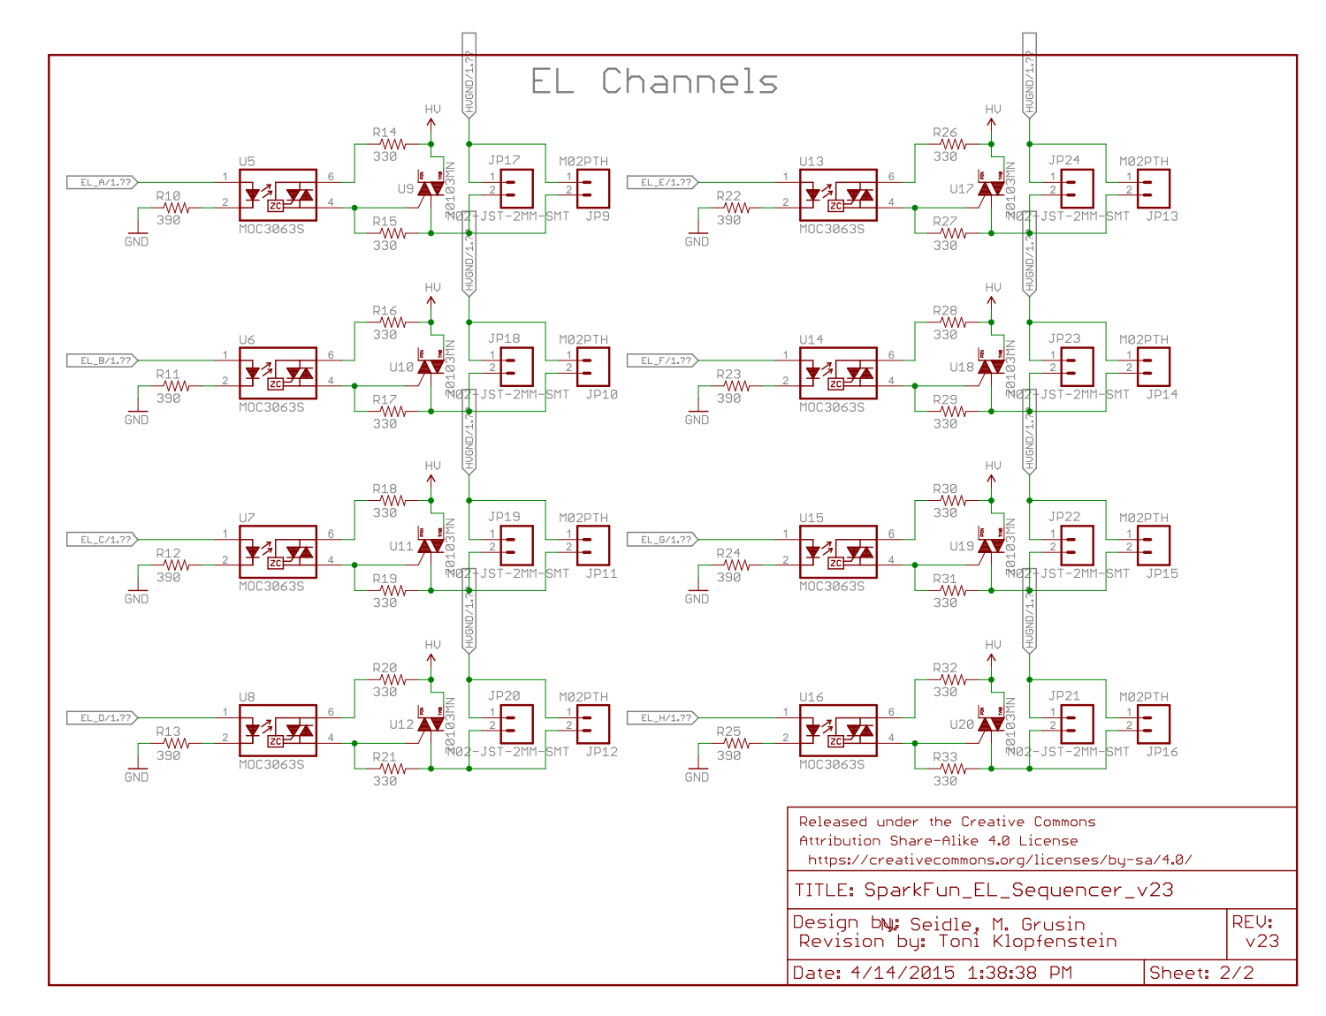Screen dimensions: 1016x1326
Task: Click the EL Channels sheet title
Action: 654,81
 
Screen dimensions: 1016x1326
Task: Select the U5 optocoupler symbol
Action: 278,194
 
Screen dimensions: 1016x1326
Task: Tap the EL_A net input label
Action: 103,182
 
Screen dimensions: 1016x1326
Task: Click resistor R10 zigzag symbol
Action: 176,208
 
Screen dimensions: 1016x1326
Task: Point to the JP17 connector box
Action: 517,188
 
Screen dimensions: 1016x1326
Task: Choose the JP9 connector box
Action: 593,188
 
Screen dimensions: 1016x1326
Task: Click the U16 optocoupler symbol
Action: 838,730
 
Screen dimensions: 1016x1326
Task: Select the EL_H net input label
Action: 663,717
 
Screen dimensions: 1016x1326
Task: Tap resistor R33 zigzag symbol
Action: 952,769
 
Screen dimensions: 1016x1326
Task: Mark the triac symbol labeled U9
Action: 431,189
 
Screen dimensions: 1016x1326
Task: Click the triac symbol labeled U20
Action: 991,724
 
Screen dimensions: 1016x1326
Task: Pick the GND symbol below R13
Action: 137,765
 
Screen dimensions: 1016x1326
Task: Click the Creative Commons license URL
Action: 999,860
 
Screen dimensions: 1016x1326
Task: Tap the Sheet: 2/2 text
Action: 1200,973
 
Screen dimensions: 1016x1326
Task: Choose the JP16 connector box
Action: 1154,724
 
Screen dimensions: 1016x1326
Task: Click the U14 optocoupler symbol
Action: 838,373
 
